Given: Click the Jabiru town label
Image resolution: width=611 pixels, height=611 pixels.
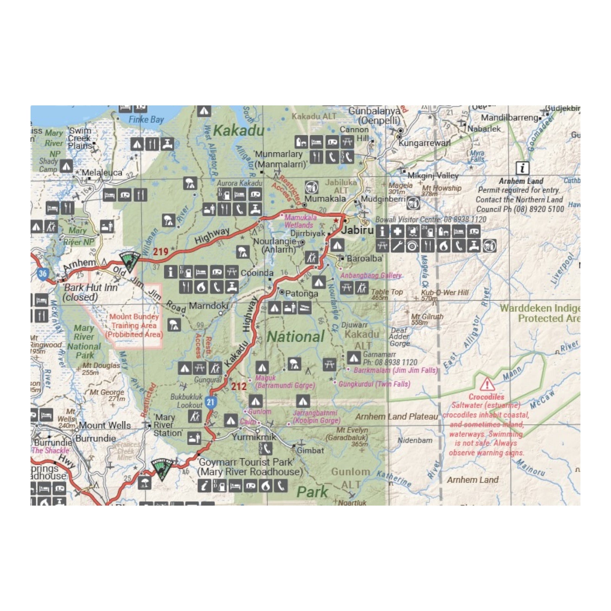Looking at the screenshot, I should (357, 230).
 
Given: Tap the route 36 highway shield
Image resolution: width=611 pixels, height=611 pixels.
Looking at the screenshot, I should (43, 273).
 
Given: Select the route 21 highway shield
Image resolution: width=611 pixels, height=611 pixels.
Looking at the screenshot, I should (210, 402).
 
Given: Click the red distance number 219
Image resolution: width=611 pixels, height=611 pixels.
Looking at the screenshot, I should (161, 252).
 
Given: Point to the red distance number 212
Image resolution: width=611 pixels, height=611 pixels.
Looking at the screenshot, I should (239, 386).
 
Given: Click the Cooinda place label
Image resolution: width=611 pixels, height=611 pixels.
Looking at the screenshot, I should (257, 273).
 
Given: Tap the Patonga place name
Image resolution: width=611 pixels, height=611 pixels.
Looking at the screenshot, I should (301, 294).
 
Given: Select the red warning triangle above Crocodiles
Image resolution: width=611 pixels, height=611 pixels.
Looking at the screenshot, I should (487, 384).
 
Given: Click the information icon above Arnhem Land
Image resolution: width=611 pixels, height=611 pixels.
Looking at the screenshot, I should (522, 168).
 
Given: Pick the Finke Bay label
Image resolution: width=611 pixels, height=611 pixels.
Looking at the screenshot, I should (146, 120).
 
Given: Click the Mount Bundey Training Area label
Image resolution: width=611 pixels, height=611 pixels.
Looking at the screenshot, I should (134, 325).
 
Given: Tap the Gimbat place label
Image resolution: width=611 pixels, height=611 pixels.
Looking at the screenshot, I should (310, 451).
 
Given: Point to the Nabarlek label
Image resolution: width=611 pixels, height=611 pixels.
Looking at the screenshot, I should (484, 129).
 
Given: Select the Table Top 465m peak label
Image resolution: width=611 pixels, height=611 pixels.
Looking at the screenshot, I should (387, 294).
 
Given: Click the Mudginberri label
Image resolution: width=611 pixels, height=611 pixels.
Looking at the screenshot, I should (383, 199).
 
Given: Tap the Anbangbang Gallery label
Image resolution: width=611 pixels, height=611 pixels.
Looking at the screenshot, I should (371, 275).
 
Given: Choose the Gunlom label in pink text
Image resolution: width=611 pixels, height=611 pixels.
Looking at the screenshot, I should (259, 412).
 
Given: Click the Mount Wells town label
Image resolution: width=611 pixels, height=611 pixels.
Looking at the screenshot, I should (105, 425).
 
